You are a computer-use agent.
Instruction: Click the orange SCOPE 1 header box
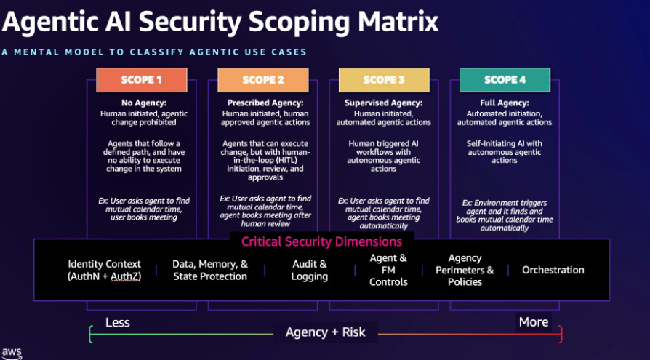point(141,80)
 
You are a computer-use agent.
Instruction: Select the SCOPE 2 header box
point(263,80)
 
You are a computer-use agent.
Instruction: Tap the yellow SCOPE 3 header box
point(383,80)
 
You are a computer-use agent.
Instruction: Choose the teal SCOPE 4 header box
point(505,80)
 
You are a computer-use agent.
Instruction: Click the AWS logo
point(12,352)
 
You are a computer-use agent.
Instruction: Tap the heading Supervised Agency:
point(383,103)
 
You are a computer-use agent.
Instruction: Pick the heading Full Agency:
point(505,103)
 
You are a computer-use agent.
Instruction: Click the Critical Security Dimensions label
point(321,241)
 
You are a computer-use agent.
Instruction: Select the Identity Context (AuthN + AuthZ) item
point(104,270)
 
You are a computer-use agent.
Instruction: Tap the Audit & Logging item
point(310,270)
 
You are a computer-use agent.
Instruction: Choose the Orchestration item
point(553,270)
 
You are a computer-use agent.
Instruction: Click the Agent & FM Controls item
point(388,270)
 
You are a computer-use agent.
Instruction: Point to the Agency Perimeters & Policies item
point(465,270)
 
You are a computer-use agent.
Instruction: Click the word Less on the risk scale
point(117,322)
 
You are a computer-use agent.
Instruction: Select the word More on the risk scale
point(534,322)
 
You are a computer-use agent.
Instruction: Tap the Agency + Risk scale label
point(325,332)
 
